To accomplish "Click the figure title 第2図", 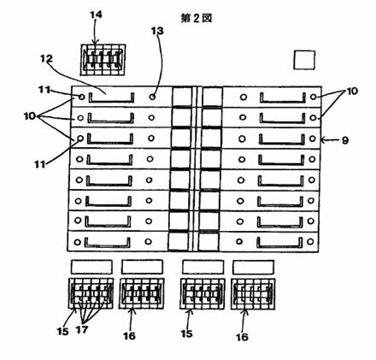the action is coord(197,18).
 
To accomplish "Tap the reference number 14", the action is coord(96,15).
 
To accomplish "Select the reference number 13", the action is coord(157,31).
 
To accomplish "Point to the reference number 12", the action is coord(46,59).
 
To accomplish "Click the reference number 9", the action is coord(344,140).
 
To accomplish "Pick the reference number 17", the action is coord(82,330).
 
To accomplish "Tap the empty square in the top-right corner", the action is coord(304,60).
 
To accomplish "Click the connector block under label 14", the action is coord(103,60).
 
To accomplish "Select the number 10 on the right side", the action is coord(352,91).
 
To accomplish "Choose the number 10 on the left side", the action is coord(30,116).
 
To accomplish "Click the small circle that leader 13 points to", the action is coord(153,97).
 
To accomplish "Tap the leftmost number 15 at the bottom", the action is coord(62,331).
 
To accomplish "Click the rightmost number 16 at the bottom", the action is coord(242,337).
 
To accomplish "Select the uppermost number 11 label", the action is coord(44,90).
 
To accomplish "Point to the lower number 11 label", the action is coord(40,164).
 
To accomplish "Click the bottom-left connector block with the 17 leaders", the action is coord(91,293).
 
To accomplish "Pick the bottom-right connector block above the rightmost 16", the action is coord(253,294).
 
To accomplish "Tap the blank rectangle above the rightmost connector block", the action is coord(254,267).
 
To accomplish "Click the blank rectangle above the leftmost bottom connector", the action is coord(91,267).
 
